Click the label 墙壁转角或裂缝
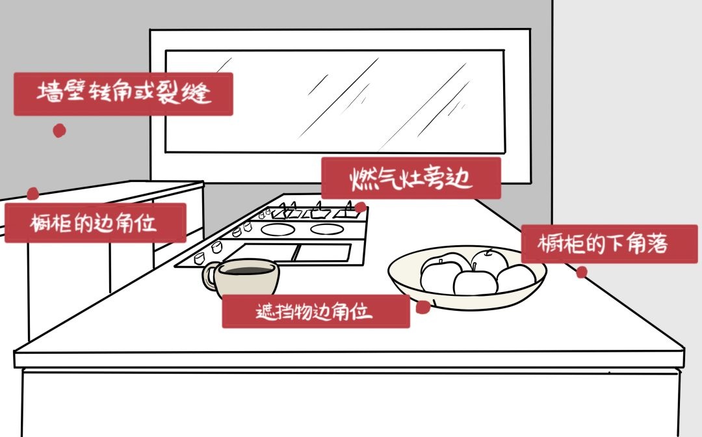[123, 94]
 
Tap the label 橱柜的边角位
[96, 223]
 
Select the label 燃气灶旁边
[411, 178]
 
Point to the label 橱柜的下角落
[609, 244]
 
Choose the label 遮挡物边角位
[316, 311]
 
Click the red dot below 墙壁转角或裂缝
[60, 131]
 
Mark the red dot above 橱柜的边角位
[32, 193]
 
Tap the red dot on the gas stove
[360, 207]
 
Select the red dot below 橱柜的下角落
[582, 272]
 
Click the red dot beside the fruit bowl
[423, 307]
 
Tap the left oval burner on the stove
[278, 230]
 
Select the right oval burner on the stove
[327, 230]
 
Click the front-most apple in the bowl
[475, 282]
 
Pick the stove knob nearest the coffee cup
[199, 258]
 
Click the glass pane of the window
[335, 101]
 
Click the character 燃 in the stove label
[361, 179]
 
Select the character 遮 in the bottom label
[265, 312]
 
